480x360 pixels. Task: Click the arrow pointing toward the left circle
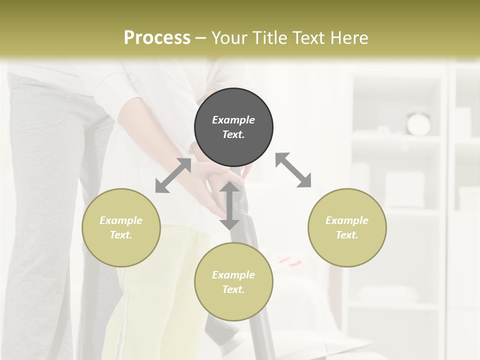point(173,175)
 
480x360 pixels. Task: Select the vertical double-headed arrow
point(229,205)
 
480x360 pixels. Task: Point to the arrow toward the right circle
point(293,170)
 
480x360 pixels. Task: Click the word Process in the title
point(157,37)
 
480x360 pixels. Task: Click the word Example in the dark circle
point(233,120)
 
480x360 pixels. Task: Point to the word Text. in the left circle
point(121,235)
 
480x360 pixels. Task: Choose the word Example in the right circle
point(347,220)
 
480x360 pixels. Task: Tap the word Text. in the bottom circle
point(233,289)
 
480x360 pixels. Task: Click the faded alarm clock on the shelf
point(418,122)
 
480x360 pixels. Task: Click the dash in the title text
point(201,38)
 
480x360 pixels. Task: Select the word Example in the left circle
point(121,220)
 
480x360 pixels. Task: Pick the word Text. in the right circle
point(347,235)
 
